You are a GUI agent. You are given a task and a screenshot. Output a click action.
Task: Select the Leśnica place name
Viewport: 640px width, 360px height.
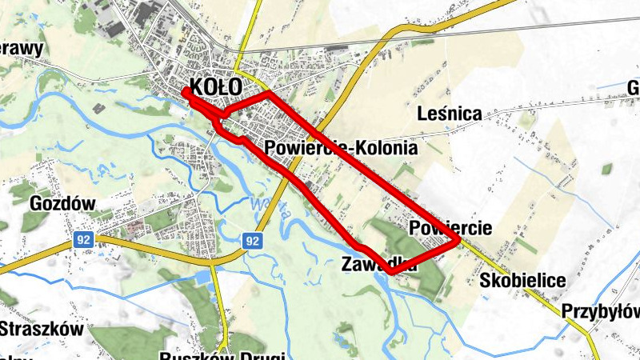450,114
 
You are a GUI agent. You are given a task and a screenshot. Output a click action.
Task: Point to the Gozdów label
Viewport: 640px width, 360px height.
62,204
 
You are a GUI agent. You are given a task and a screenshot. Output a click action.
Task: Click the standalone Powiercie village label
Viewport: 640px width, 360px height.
450,228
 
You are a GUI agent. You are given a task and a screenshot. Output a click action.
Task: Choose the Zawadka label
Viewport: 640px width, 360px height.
378,264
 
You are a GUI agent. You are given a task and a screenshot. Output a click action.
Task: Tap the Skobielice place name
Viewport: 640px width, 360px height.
523,281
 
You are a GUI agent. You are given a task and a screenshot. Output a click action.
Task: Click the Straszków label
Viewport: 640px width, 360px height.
42,329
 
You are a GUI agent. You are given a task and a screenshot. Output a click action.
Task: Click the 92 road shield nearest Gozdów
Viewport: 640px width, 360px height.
82,238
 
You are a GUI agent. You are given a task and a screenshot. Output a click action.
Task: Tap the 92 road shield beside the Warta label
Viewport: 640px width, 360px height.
252,240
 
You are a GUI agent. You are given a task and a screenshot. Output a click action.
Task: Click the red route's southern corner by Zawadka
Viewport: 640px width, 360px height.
391,272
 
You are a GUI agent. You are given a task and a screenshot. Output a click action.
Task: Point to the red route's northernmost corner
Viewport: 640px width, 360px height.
267,94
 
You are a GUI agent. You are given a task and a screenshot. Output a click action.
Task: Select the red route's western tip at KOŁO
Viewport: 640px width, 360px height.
185,91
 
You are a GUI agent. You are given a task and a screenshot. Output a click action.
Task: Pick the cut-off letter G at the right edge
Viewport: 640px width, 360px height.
633,87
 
